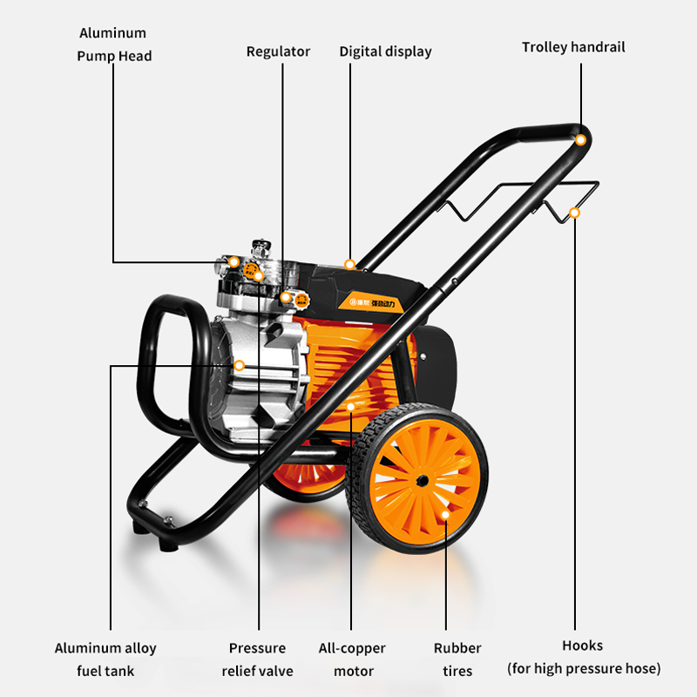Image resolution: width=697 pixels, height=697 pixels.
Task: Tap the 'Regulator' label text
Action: coord(278,51)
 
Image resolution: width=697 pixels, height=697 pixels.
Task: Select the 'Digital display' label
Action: coord(385,51)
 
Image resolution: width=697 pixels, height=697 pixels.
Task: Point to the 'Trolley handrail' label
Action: coord(573,47)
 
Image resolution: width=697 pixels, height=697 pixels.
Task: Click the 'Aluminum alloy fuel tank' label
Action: coord(107,660)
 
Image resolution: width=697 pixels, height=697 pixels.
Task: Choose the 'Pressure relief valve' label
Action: coord(257,660)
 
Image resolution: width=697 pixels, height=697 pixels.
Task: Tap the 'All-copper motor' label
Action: coord(353,660)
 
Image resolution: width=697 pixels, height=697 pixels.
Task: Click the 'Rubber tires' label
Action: coord(457,660)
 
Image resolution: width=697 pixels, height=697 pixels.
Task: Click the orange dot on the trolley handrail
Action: coord(579,139)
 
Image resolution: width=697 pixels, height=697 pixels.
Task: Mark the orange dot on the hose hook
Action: coord(574,212)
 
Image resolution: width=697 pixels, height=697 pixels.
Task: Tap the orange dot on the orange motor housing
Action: coord(351,406)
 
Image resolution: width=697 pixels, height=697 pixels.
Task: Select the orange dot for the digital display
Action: coord(349,264)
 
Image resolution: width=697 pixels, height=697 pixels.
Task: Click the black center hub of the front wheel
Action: coord(421,480)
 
